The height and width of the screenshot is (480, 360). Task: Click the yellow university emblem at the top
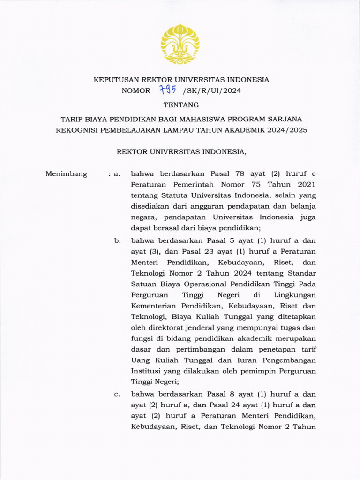coord(180,44)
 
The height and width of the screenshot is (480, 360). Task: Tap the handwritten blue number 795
coord(168,90)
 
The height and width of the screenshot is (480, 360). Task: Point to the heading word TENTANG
coord(180,105)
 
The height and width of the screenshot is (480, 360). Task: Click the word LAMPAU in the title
coord(189,130)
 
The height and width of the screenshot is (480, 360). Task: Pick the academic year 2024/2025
coord(287,130)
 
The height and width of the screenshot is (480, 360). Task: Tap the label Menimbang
coord(66,174)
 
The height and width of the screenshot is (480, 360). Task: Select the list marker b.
coord(117,240)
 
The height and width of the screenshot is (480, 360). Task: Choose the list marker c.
coord(117,394)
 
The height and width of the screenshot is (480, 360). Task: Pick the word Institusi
coord(147,371)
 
